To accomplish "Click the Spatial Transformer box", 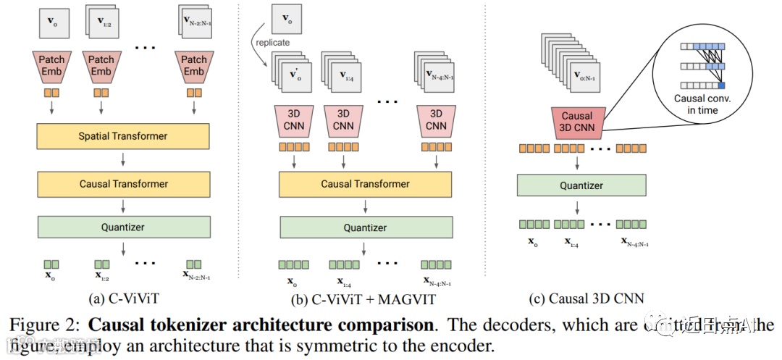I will pyautogui.click(x=122, y=136).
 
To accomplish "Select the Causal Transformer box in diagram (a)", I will pyautogui.click(x=122, y=184).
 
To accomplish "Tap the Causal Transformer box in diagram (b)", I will pyautogui.click(x=365, y=184).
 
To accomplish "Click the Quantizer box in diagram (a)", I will pyautogui.click(x=122, y=227).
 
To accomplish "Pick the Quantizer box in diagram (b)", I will pyautogui.click(x=365, y=227).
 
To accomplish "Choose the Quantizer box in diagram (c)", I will pyautogui.click(x=581, y=185).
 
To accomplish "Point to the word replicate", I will pyautogui.click(x=273, y=43).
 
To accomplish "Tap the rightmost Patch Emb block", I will pyautogui.click(x=193, y=67).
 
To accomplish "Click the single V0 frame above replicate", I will pyautogui.click(x=286, y=20).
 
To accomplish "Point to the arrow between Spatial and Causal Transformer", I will pyautogui.click(x=122, y=160).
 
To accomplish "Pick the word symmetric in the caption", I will pyautogui.click(x=336, y=345).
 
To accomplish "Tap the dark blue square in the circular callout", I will pyautogui.click(x=721, y=86).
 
